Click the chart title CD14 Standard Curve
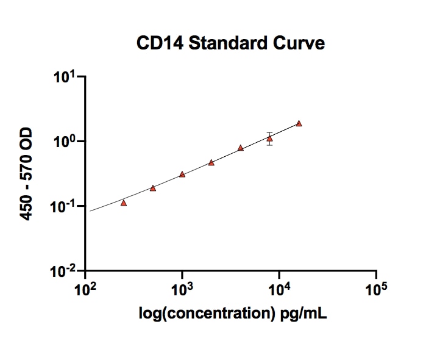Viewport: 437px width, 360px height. pos(230,43)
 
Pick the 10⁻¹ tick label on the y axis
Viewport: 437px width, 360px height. pos(65,207)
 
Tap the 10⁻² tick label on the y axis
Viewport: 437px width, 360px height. pos(65,271)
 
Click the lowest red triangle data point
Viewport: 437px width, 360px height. pos(124,203)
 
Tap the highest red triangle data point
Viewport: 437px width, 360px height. pos(299,123)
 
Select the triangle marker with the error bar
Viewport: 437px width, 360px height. pos(269,139)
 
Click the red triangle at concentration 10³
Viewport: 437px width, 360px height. pos(182,175)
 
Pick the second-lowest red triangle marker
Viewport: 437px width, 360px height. pos(153,188)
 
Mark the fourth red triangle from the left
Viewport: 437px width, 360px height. pos(211,162)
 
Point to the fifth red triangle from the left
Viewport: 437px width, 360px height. pos(241,148)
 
